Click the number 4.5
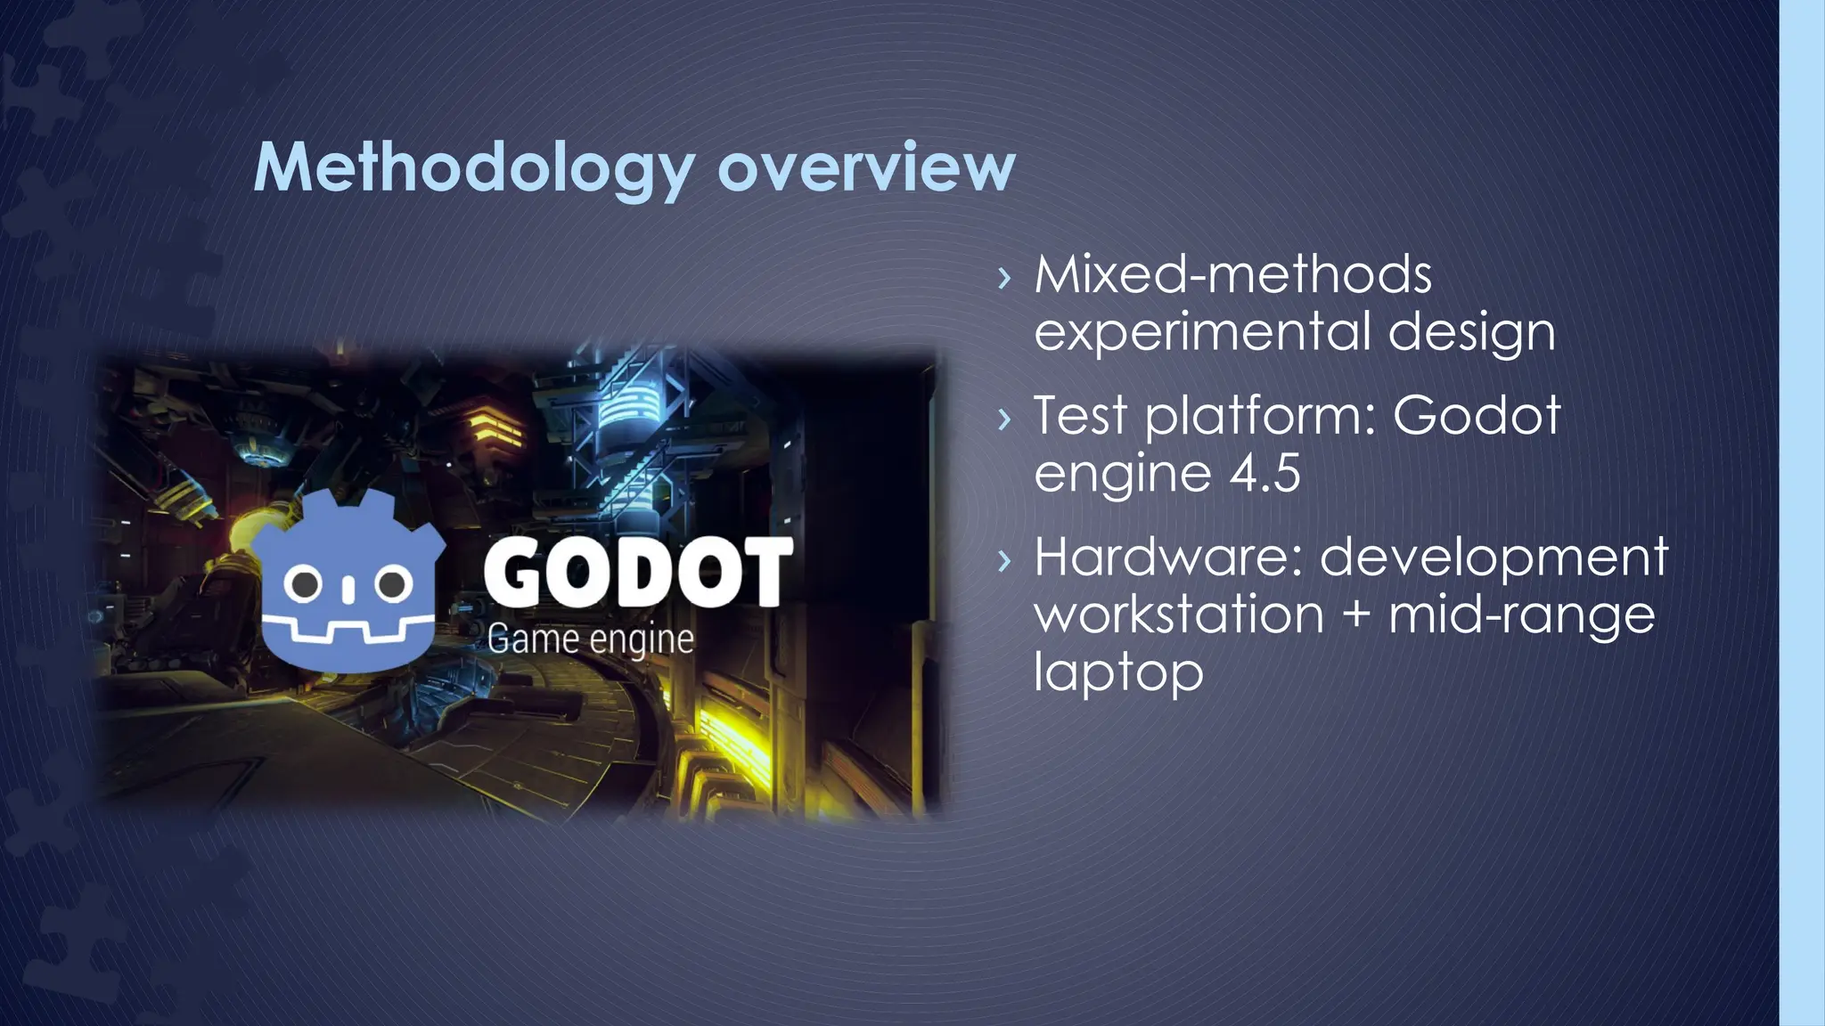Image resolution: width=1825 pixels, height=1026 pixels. click(x=1264, y=473)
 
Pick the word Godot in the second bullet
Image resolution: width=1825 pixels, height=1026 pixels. click(x=1476, y=415)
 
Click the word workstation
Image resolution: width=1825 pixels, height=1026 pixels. click(x=1178, y=615)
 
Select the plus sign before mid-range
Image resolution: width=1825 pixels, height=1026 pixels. click(x=1355, y=615)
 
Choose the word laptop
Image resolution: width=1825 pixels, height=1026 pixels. click(x=1118, y=672)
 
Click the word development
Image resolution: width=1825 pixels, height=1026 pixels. click(x=1494, y=558)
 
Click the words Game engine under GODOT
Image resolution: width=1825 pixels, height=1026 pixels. click(x=590, y=639)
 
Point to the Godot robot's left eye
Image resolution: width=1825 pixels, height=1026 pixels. click(x=306, y=584)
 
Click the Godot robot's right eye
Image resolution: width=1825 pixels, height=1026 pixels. click(x=391, y=584)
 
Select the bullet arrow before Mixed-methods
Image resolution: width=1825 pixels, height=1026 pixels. click(x=1005, y=278)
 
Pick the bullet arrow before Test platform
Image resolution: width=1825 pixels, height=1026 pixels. click(x=1005, y=419)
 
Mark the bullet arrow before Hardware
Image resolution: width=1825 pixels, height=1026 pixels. click(x=1005, y=560)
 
